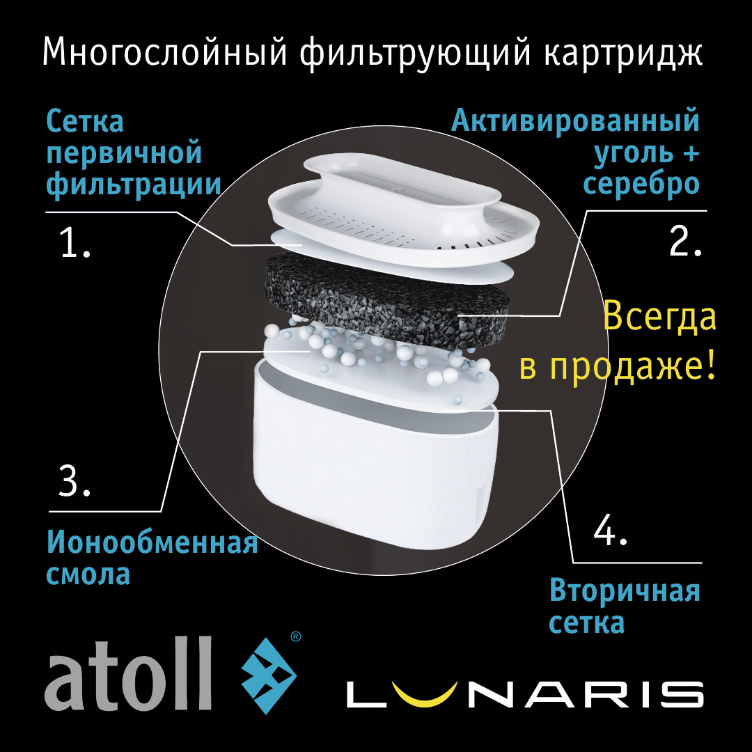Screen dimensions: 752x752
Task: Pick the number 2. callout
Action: pyautogui.click(x=686, y=242)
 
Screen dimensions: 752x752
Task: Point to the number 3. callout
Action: pyautogui.click(x=75, y=483)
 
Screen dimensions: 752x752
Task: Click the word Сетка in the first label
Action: pyautogui.click(x=85, y=123)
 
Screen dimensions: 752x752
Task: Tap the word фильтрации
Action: pyautogui.click(x=134, y=185)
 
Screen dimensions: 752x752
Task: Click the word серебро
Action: pyautogui.click(x=641, y=184)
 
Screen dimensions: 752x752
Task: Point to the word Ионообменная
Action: pyautogui.click(x=152, y=543)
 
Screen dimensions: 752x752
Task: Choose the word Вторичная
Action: pyautogui.click(x=625, y=591)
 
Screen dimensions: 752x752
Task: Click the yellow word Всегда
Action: pyautogui.click(x=659, y=318)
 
